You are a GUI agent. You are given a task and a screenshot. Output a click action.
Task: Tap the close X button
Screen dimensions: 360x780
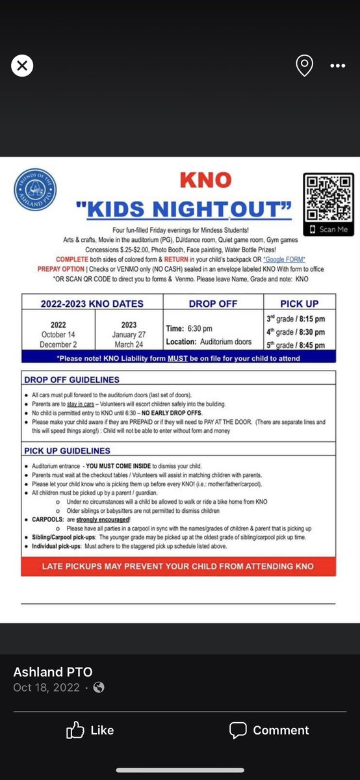click(23, 65)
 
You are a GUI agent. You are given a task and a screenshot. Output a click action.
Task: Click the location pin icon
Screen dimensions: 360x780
click(304, 65)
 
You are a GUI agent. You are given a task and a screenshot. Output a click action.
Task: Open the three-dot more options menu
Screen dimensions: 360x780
click(338, 65)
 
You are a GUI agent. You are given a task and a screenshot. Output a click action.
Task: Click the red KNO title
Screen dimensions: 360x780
click(205, 179)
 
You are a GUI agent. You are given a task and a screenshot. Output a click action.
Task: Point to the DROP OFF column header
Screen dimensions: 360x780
click(212, 303)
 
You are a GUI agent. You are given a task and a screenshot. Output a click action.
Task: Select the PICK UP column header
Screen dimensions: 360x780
click(300, 303)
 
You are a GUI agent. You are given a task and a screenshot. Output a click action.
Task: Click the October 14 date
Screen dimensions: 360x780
click(58, 335)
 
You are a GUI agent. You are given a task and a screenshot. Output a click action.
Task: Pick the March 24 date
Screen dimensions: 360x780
click(129, 344)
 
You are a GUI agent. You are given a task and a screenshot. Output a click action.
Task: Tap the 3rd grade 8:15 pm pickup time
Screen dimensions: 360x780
click(296, 318)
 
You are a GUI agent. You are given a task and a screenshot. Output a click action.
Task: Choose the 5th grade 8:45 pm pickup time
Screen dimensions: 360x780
click(296, 344)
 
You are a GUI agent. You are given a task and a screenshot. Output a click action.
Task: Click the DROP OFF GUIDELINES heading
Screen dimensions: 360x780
click(71, 380)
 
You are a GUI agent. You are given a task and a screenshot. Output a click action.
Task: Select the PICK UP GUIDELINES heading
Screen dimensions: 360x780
click(67, 450)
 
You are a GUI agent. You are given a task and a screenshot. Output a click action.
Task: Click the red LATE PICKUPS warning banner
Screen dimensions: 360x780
click(178, 566)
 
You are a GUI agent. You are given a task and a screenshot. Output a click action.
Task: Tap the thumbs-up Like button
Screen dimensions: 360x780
click(90, 731)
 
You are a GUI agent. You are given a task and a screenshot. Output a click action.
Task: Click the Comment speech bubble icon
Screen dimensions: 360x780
click(238, 731)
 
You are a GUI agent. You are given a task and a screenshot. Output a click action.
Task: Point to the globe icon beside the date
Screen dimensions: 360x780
click(99, 688)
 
